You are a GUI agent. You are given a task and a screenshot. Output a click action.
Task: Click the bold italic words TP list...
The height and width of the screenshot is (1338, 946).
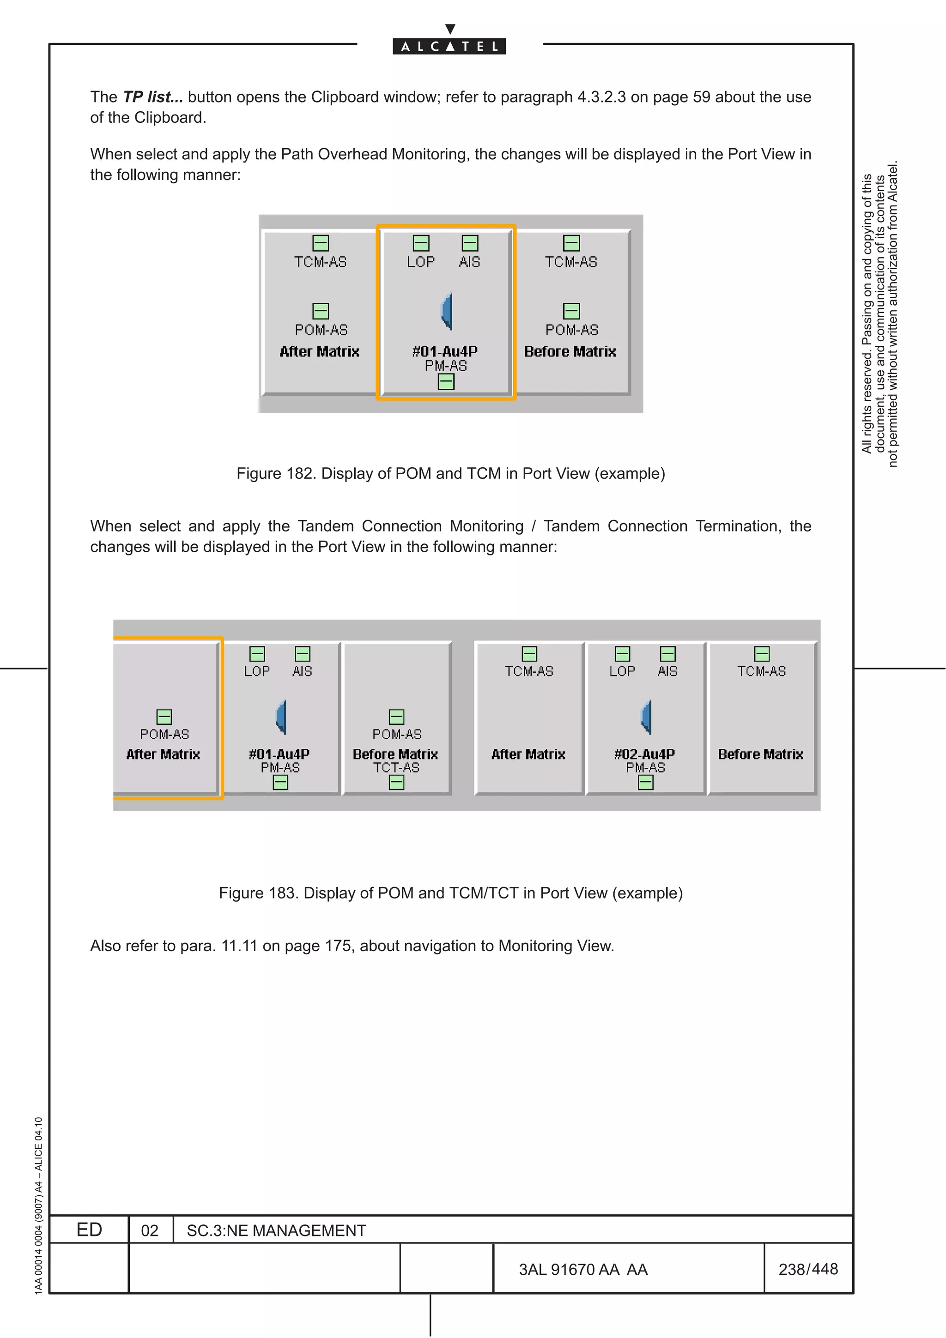coord(153,97)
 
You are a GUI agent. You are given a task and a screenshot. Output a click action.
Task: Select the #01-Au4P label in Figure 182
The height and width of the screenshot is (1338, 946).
coord(445,351)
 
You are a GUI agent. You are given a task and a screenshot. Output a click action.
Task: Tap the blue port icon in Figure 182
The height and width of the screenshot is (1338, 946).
coord(447,311)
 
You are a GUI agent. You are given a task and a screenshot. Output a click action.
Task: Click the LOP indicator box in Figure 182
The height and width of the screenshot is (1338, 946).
coord(421,243)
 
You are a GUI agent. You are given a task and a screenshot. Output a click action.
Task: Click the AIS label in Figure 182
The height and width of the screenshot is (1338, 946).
coord(469,262)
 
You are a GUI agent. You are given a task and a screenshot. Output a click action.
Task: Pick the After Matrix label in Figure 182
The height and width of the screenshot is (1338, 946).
coord(319,351)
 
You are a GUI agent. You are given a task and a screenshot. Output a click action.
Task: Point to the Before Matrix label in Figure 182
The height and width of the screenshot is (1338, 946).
coord(570,351)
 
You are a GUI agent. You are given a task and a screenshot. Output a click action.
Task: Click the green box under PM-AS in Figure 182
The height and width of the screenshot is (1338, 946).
coord(446,382)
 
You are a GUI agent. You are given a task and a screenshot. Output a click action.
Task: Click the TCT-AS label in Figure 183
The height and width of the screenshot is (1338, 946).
coord(396,768)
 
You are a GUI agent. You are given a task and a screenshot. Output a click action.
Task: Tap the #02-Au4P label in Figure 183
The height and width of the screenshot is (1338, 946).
coord(645,754)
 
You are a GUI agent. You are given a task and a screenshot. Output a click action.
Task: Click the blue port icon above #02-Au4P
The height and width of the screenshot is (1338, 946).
coord(646,717)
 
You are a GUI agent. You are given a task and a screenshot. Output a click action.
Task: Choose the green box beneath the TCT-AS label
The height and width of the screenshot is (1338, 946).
coord(396,783)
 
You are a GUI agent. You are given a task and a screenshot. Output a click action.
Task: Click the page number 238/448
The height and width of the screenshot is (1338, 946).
coord(808,1269)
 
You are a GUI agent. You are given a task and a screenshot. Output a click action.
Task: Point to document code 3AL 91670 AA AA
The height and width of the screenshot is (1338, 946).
coord(583,1270)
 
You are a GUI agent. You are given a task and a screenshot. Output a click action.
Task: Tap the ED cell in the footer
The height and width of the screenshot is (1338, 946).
coord(89,1230)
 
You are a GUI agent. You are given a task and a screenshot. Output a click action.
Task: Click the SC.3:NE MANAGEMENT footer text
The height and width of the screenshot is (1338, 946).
coord(276,1231)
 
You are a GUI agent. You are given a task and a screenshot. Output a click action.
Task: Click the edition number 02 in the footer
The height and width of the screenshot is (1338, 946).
coord(150,1231)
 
